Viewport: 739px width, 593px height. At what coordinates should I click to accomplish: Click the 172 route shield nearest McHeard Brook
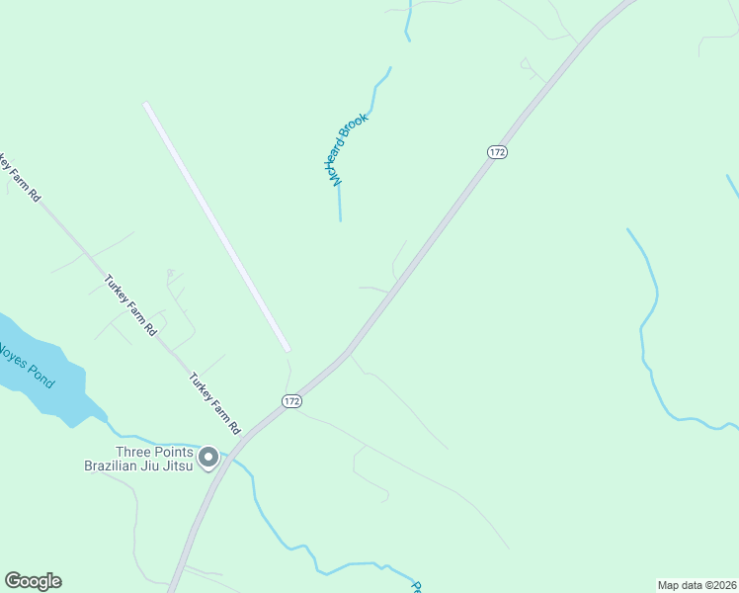point(497,151)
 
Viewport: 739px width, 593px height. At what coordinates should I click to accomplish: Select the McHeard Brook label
point(344,149)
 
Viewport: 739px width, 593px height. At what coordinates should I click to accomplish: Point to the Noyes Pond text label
point(26,365)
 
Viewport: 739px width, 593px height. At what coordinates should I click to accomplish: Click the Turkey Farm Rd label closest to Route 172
point(215,403)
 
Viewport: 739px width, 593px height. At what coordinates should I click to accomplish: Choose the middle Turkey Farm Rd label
point(130,305)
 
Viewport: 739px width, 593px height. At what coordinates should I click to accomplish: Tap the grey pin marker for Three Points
point(208,458)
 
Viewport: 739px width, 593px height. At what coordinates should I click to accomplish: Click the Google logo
point(33,581)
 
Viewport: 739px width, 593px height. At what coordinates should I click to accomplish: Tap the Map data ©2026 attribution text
point(697,584)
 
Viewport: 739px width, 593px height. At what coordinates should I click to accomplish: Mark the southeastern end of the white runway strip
point(287,348)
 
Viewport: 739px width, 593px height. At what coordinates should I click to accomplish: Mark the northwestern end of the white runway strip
point(146,105)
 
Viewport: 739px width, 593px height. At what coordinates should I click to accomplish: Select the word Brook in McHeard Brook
point(355,130)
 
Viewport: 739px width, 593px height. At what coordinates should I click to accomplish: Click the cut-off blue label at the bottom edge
point(416,587)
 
